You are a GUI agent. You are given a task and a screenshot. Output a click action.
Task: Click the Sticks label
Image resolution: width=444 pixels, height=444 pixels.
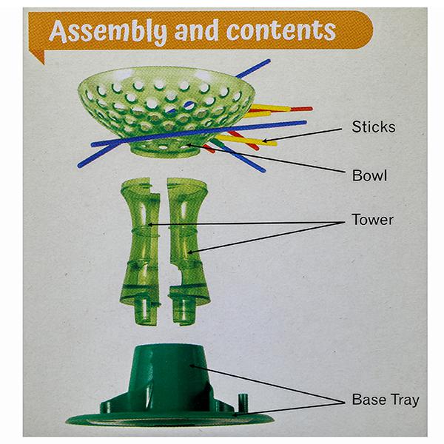point(374,127)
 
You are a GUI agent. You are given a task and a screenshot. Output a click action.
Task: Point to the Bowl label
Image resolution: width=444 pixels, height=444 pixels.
point(370,177)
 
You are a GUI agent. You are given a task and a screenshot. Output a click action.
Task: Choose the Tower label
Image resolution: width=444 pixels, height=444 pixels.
point(373,220)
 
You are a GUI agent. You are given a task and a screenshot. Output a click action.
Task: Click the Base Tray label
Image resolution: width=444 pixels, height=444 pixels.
point(385,400)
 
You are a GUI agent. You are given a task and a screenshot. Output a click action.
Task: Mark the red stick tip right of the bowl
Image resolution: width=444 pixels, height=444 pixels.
point(309,109)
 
